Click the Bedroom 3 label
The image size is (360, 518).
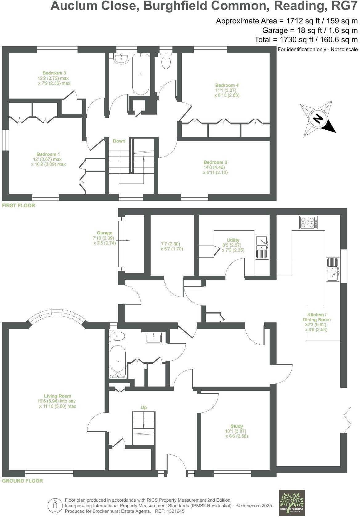54,73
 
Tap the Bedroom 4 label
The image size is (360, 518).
227,85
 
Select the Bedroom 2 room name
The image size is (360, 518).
215,162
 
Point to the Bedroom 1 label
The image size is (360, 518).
48,154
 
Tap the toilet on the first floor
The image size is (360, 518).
166,61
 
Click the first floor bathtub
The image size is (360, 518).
140,74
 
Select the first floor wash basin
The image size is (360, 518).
121,59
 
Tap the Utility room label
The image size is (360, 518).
233,240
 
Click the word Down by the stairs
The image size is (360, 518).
119,141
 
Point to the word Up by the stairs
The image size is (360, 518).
144,407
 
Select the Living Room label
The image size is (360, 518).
58,396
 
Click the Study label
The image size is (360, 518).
237,426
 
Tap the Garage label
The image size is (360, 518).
104,233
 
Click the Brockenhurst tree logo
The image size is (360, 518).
292,503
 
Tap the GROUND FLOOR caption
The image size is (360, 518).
22,481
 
